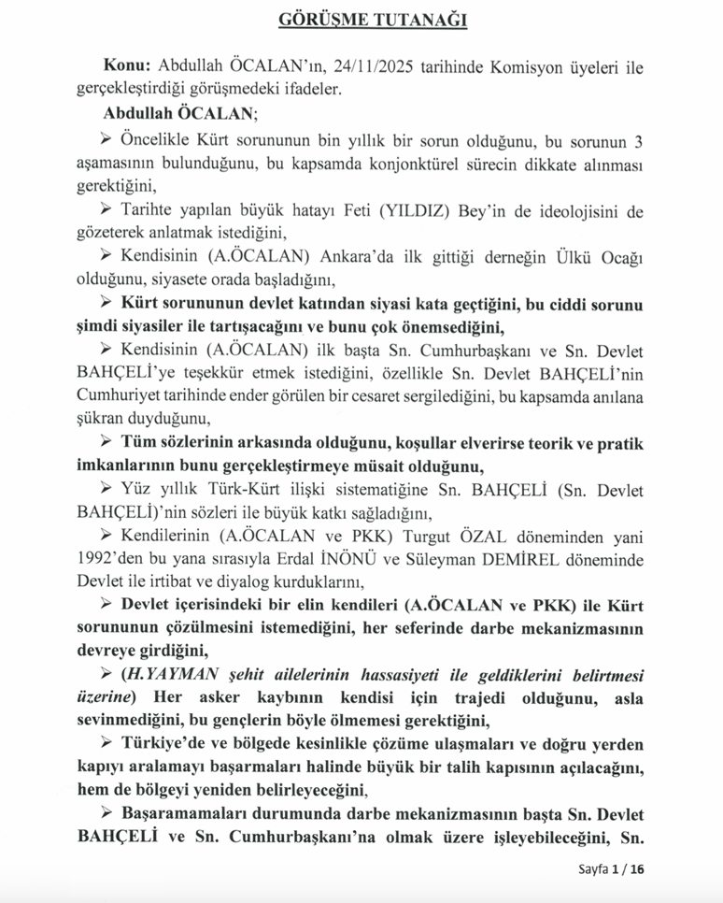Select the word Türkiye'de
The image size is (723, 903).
[x=162, y=743]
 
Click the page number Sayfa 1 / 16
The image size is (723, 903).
[x=611, y=869]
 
